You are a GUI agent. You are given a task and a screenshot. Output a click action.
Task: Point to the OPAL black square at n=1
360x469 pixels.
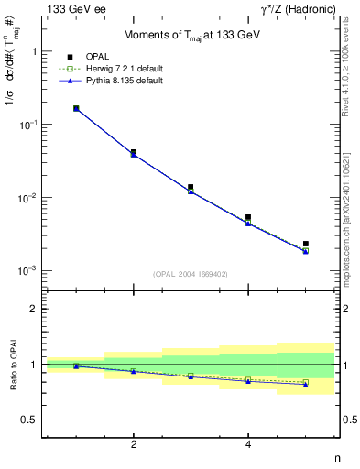[76, 108]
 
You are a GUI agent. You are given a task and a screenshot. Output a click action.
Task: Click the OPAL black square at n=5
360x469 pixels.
[305, 244]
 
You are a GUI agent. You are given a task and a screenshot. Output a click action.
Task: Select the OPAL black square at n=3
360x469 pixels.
[191, 187]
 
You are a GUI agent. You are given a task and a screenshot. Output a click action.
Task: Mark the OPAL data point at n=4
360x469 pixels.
[248, 217]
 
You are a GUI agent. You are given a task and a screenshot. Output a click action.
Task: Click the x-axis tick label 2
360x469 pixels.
[134, 444]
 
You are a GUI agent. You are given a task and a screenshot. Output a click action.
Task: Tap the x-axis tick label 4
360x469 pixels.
[248, 444]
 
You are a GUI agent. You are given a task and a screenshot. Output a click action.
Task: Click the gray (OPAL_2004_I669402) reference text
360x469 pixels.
[191, 273]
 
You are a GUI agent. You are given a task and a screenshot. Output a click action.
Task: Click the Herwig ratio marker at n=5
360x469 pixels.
[305, 382]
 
